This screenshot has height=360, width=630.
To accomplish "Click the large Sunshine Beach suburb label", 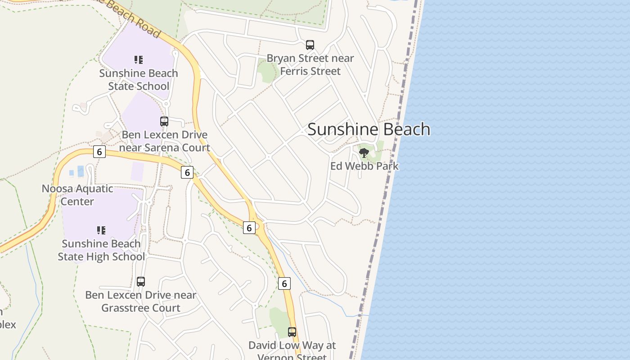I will click(x=369, y=130).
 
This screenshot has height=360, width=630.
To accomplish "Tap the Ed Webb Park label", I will click(x=364, y=166).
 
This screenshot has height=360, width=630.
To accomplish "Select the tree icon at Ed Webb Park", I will click(x=364, y=153).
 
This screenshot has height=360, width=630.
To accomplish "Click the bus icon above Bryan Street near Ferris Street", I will click(x=310, y=45).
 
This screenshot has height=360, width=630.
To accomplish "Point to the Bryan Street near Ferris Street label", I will click(x=310, y=65).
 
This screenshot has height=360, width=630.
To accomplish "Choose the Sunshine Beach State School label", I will click(x=138, y=80).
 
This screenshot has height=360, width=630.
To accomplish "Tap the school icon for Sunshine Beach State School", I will click(x=138, y=60).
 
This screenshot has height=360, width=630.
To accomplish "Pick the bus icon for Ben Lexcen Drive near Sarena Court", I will click(x=164, y=121).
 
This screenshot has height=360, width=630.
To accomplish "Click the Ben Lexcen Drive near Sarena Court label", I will click(x=165, y=141).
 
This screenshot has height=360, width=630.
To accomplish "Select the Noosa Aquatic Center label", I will click(x=77, y=195).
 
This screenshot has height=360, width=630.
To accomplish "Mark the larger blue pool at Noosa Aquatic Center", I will click(x=81, y=171).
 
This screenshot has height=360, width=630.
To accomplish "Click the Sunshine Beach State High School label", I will click(x=101, y=250).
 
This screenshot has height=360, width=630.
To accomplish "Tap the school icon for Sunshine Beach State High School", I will click(x=101, y=230).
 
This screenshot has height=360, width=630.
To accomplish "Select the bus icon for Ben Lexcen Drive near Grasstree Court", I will click(x=141, y=282).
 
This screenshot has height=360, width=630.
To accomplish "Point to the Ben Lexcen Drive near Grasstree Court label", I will click(x=140, y=301).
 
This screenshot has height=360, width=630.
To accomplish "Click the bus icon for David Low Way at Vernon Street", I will click(x=292, y=332).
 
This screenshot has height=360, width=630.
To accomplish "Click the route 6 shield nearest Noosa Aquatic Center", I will click(x=99, y=152).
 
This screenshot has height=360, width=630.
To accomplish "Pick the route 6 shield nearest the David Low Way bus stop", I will click(x=284, y=283).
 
